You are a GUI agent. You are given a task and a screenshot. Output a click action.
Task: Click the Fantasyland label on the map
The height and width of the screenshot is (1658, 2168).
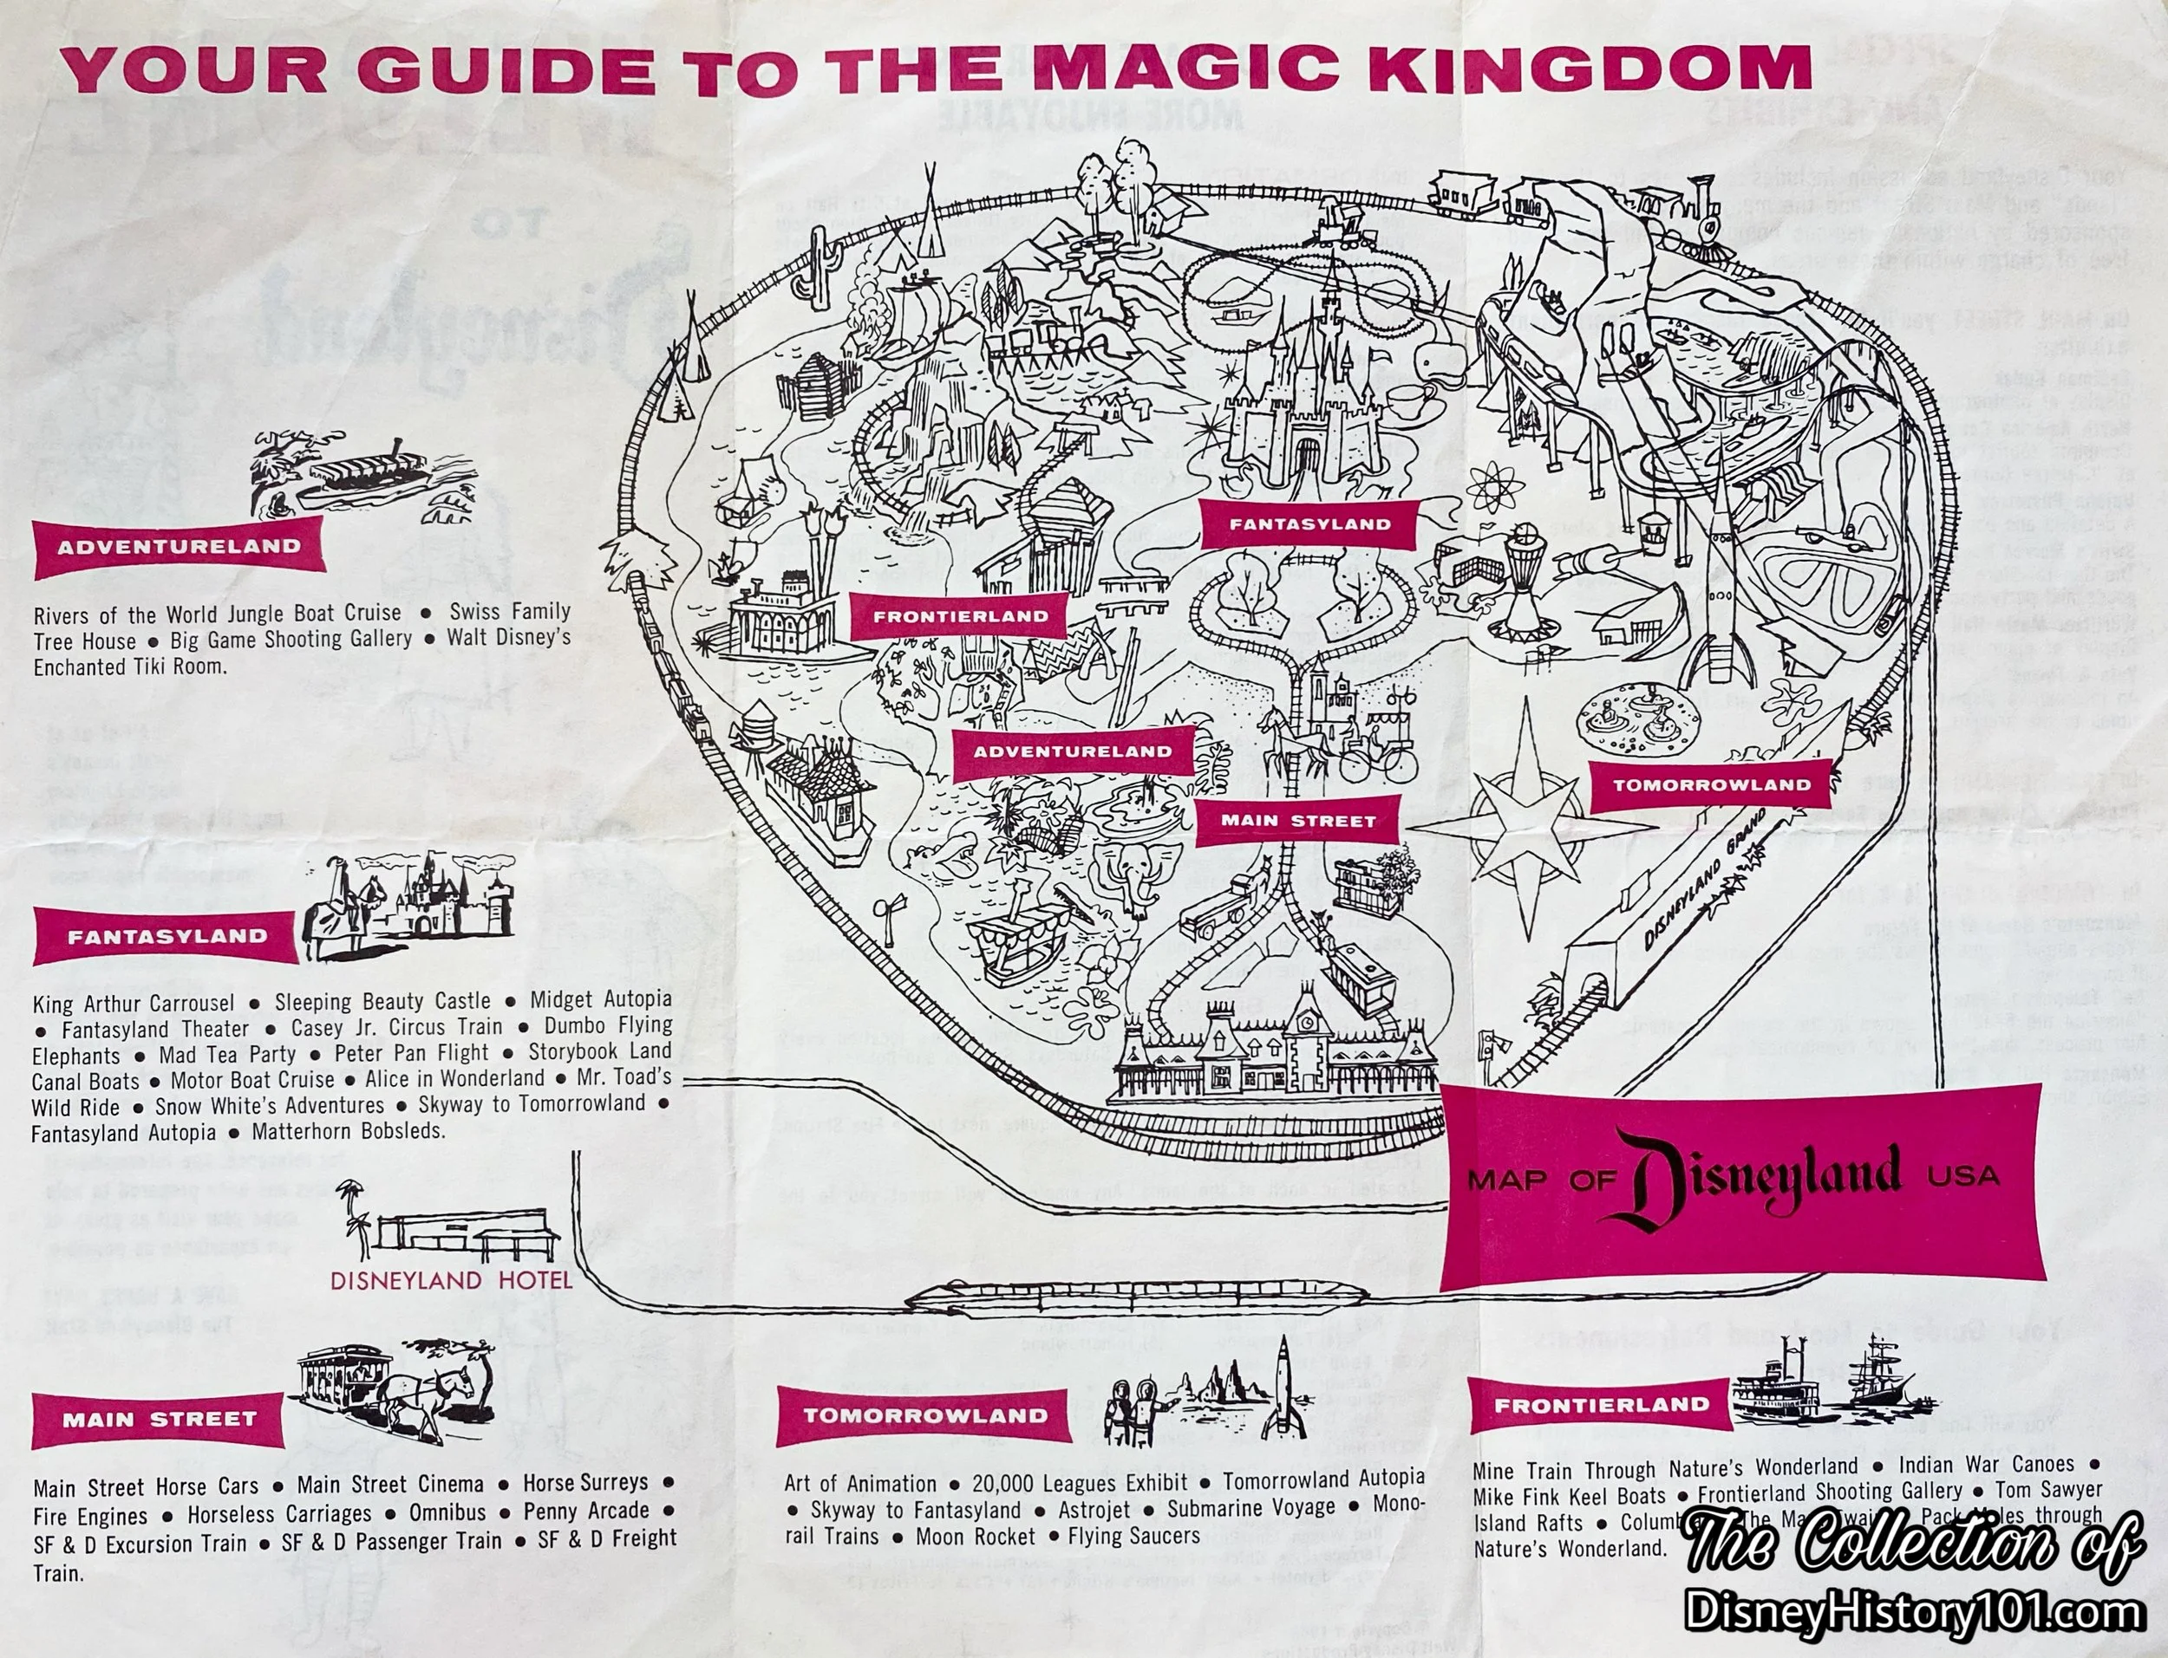pos(1309,524)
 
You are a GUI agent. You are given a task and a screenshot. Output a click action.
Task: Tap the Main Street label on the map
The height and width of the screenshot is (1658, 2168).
pos(1297,821)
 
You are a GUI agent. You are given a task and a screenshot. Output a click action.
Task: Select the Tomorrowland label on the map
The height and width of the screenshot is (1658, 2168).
pos(1712,785)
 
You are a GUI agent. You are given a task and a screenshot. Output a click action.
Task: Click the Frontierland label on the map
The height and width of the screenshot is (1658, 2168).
pos(960,617)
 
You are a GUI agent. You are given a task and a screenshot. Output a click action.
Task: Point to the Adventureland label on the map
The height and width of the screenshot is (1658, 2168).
pos(1072,752)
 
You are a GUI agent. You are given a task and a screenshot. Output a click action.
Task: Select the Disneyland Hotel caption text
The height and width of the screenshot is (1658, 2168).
pos(451,1281)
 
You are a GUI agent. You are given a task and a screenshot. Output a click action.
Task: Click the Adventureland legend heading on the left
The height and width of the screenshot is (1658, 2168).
pos(178,547)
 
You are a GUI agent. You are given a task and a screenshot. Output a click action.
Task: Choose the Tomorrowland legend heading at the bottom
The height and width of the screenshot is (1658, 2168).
pos(924,1415)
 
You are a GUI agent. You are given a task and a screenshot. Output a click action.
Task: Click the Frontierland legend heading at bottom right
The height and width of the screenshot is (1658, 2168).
pos(1599,1405)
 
